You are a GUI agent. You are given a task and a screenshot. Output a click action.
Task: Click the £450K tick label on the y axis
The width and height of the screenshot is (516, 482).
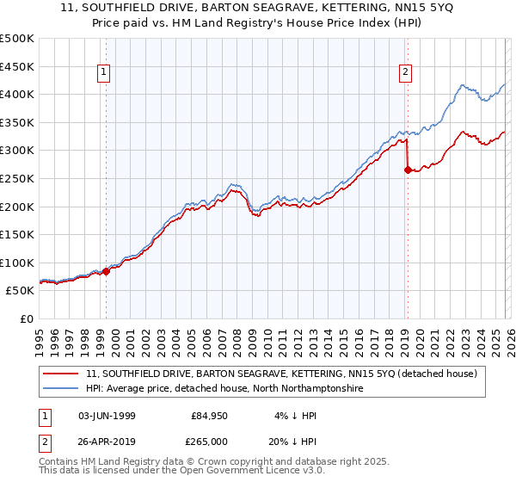17,66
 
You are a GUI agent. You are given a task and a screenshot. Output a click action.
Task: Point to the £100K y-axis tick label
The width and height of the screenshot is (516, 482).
17,263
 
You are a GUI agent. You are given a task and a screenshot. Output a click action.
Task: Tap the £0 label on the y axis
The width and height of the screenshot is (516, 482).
27,318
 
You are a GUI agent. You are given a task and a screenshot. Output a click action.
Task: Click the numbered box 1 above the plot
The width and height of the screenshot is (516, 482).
104,73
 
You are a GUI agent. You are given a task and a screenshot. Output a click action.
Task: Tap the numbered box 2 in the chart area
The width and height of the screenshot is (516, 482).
405,73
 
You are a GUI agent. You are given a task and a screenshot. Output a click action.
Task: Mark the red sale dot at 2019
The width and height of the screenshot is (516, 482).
408,170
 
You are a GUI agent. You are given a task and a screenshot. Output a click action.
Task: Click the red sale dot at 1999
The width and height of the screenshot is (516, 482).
107,271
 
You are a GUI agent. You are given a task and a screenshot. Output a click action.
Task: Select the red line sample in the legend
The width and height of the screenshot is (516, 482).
62,374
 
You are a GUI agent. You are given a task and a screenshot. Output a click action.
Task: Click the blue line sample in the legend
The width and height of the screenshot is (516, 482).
62,389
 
